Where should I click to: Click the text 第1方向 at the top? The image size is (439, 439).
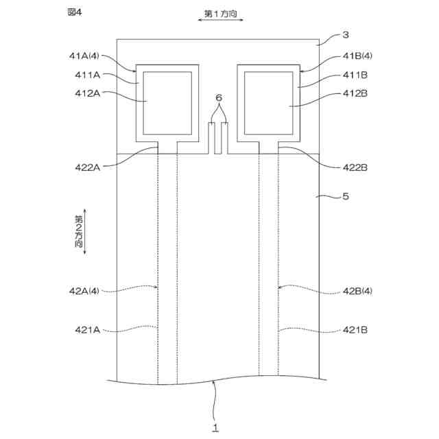click(221, 13)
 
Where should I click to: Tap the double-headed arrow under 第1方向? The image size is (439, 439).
click(221, 22)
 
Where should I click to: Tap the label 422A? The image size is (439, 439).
click(88, 166)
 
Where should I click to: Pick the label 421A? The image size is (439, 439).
click(88, 329)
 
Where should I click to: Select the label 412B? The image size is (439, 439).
click(355, 93)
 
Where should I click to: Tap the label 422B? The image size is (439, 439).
click(355, 166)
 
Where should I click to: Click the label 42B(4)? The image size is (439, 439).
click(357, 291)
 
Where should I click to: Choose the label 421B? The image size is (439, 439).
click(355, 329)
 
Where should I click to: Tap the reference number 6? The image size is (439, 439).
click(218, 98)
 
